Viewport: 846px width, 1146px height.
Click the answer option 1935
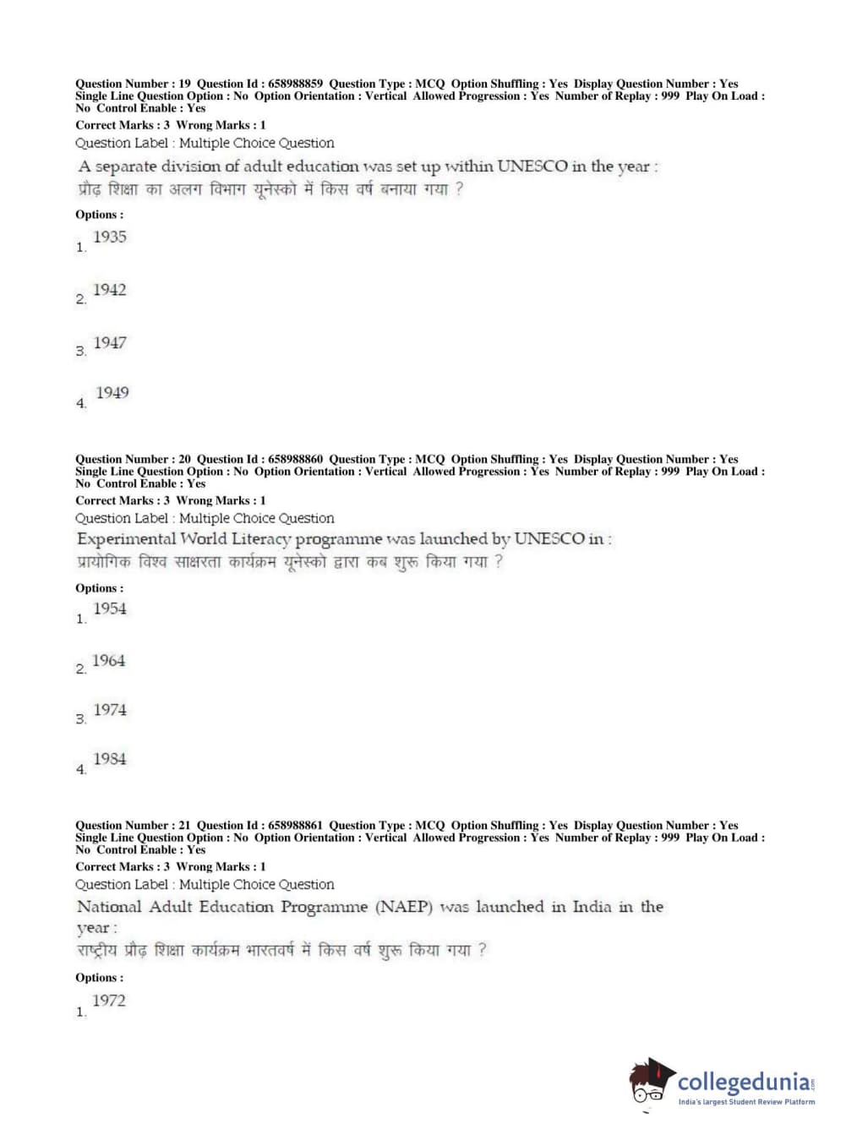click(110, 237)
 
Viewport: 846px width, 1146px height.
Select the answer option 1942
click(110, 290)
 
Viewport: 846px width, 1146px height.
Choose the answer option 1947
click(110, 343)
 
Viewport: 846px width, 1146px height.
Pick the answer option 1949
click(112, 393)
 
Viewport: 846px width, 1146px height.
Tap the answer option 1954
click(110, 608)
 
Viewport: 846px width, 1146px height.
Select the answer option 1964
click(109, 661)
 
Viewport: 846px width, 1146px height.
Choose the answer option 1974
click(110, 710)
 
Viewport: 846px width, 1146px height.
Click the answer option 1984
click(110, 759)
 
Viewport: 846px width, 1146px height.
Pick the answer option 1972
click(109, 1001)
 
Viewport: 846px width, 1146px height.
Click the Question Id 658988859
click(294, 84)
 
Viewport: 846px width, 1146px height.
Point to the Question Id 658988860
click(294, 459)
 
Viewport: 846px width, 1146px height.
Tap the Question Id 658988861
click(294, 825)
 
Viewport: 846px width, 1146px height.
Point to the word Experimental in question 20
click(127, 539)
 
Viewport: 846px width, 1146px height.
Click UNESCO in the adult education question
click(532, 166)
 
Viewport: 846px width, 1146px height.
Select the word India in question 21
click(592, 907)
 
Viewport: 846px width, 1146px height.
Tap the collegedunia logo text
click(744, 1082)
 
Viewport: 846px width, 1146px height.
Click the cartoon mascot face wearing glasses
click(650, 1084)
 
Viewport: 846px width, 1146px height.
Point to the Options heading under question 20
click(99, 588)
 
